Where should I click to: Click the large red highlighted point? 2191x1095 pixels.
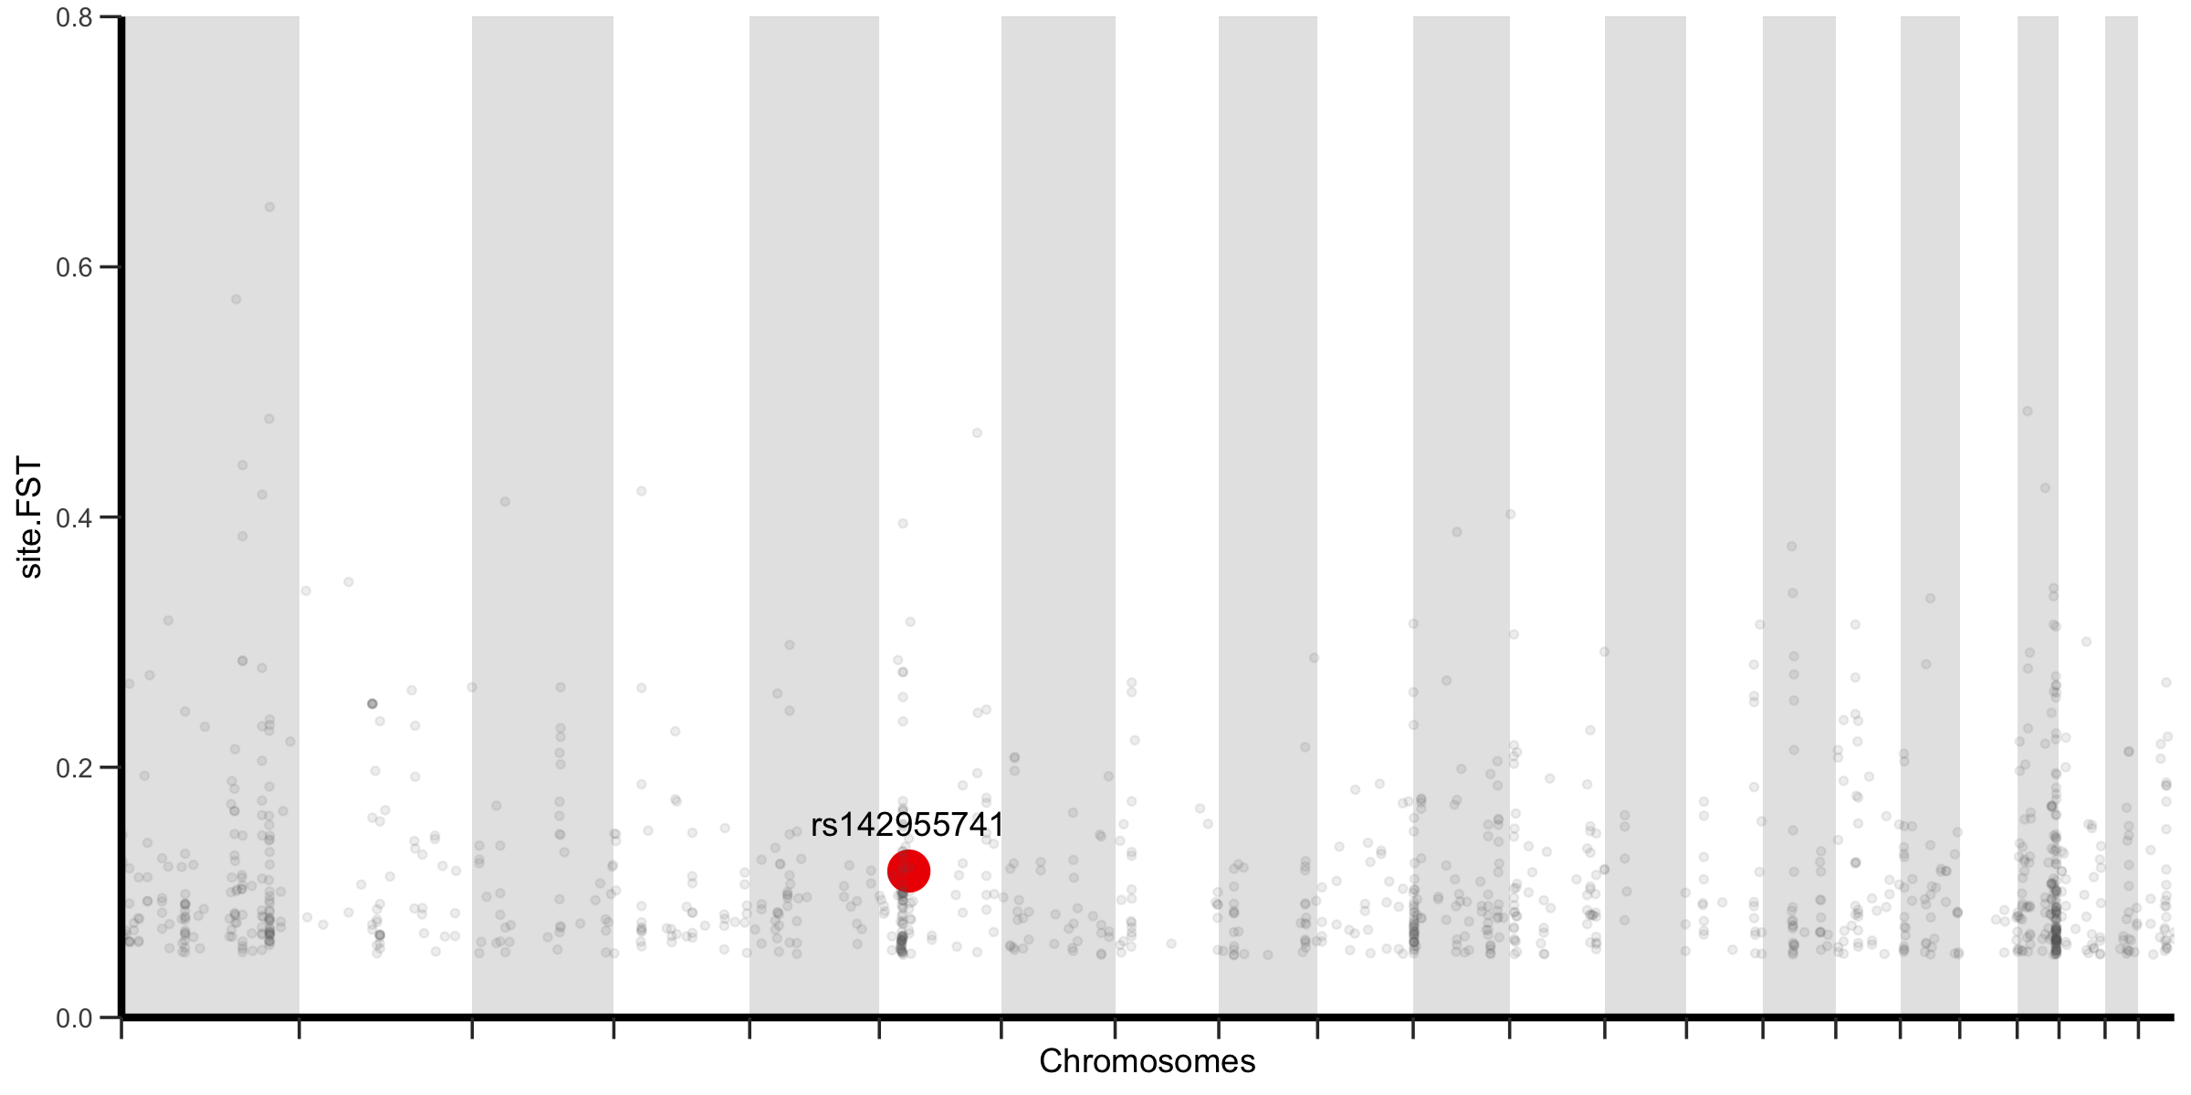[x=908, y=871]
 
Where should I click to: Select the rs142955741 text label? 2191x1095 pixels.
[x=907, y=825]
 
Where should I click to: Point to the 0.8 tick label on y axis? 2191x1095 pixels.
[x=74, y=17]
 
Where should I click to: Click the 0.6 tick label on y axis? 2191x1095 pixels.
[x=74, y=267]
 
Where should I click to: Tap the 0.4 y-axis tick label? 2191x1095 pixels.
[x=74, y=517]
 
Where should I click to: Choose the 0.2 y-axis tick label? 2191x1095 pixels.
[x=74, y=767]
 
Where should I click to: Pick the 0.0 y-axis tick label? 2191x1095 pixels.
[x=74, y=1017]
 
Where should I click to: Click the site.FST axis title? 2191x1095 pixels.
[x=30, y=517]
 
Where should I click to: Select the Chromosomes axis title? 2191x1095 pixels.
[x=1147, y=1061]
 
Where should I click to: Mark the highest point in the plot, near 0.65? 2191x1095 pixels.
[x=269, y=207]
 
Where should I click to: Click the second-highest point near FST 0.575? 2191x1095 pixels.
[x=236, y=299]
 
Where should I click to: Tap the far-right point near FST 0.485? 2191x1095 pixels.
[x=2027, y=412]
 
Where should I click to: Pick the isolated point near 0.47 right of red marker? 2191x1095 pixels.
[x=977, y=433]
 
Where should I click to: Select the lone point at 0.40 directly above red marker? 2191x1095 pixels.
[x=903, y=524]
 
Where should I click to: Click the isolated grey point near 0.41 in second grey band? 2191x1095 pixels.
[x=505, y=502]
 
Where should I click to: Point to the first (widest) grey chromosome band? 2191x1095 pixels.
[x=210, y=456]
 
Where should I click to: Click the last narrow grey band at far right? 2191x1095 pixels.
[x=2121, y=456]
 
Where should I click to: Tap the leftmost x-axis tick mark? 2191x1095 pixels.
[x=121, y=1028]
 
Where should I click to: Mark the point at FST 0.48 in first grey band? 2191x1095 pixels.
[x=269, y=419]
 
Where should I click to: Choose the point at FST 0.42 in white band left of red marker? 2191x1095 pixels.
[x=641, y=491]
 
